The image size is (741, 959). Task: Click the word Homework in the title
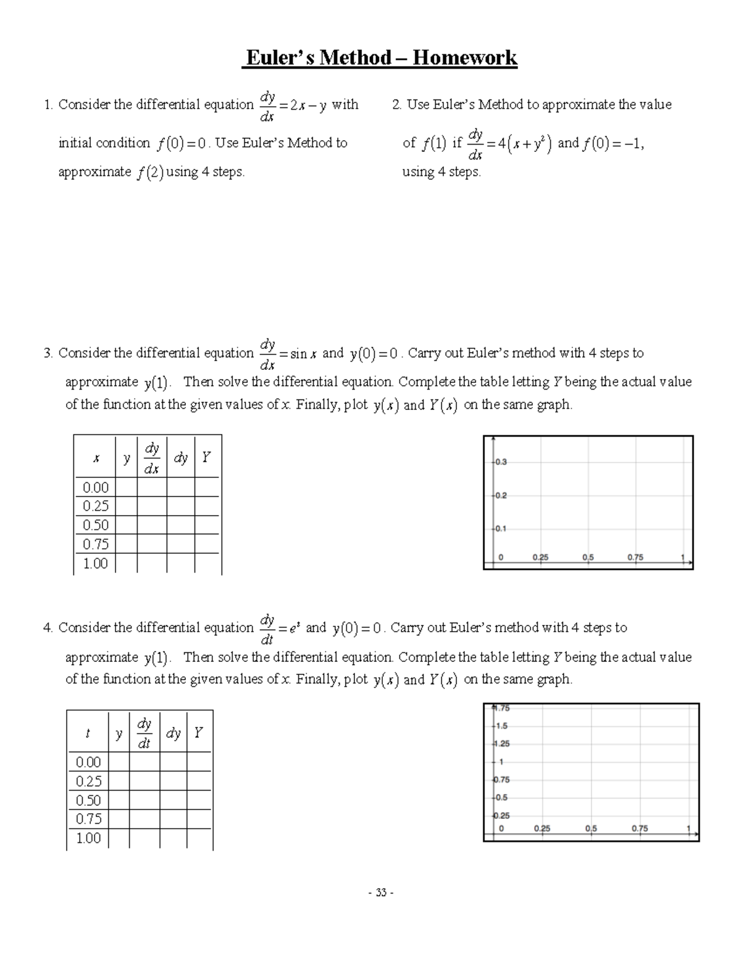464,58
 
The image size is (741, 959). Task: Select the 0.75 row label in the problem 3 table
95,544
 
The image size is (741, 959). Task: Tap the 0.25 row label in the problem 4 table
88,781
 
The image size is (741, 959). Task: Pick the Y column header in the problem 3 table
206,458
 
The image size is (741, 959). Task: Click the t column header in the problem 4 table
88,733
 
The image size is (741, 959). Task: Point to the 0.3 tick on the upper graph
500,462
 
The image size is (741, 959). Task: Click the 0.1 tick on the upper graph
500,529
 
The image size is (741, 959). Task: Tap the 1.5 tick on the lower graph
501,726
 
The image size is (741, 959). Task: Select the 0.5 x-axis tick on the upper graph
588,557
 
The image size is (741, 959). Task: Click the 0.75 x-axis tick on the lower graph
640,829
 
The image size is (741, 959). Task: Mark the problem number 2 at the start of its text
396,105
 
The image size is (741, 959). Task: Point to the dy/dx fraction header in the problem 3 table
152,458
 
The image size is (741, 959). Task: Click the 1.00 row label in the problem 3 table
95,563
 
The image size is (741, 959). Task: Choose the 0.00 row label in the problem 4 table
88,762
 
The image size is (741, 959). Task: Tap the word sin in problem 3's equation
298,354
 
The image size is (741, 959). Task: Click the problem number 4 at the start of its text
48,628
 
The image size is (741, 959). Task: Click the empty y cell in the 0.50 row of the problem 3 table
126,525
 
